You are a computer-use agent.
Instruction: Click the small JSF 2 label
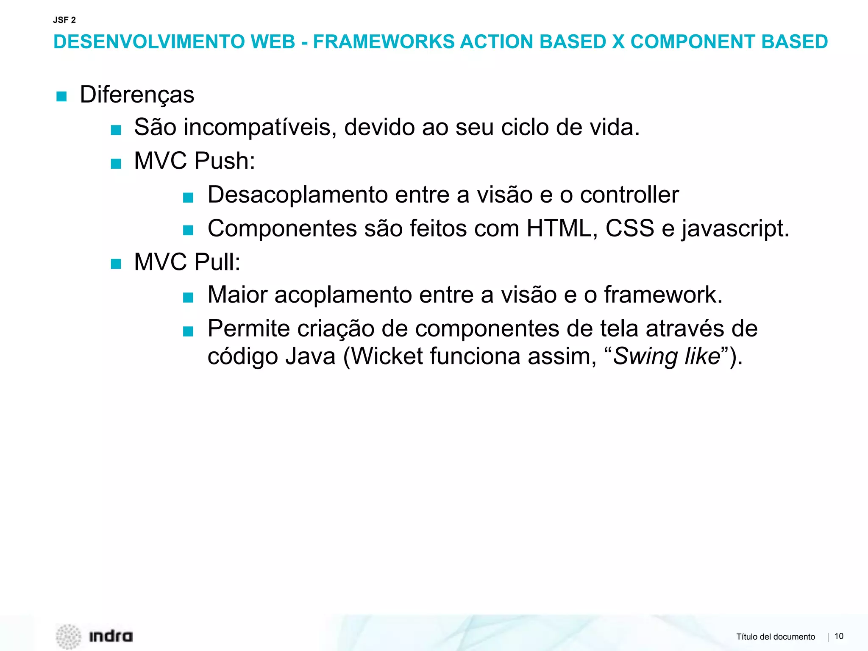64,20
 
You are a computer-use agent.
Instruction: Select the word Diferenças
137,95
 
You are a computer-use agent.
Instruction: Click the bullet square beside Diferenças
61,97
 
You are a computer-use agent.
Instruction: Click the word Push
224,161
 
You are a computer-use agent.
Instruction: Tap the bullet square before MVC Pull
116,264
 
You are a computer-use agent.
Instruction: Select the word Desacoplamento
298,195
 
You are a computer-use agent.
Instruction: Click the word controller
629,195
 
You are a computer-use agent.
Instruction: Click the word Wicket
387,356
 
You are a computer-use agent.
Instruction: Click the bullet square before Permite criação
188,331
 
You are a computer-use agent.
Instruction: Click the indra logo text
111,636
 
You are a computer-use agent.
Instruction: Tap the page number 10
839,636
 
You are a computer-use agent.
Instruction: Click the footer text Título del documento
775,637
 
